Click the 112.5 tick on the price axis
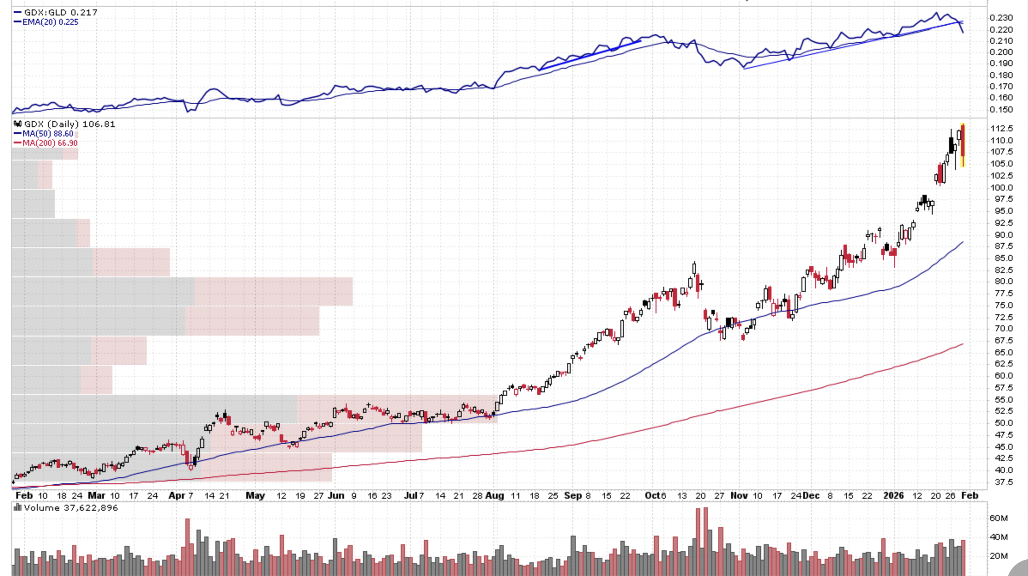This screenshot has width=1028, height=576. tap(1001, 128)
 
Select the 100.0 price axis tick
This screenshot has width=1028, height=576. tap(1001, 188)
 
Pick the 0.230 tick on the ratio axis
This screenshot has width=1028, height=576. tap(1001, 18)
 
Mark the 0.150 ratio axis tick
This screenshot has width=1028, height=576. tap(1001, 109)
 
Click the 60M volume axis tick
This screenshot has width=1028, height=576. tap(998, 518)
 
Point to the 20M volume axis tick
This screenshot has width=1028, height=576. tap(998, 556)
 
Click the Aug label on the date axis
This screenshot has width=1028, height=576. tap(495, 496)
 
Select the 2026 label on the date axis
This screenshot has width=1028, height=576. tap(893, 496)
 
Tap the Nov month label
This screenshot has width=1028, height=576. tap(739, 496)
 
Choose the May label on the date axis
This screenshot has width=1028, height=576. tap(255, 496)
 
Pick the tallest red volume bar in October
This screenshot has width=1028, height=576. tap(706, 541)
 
